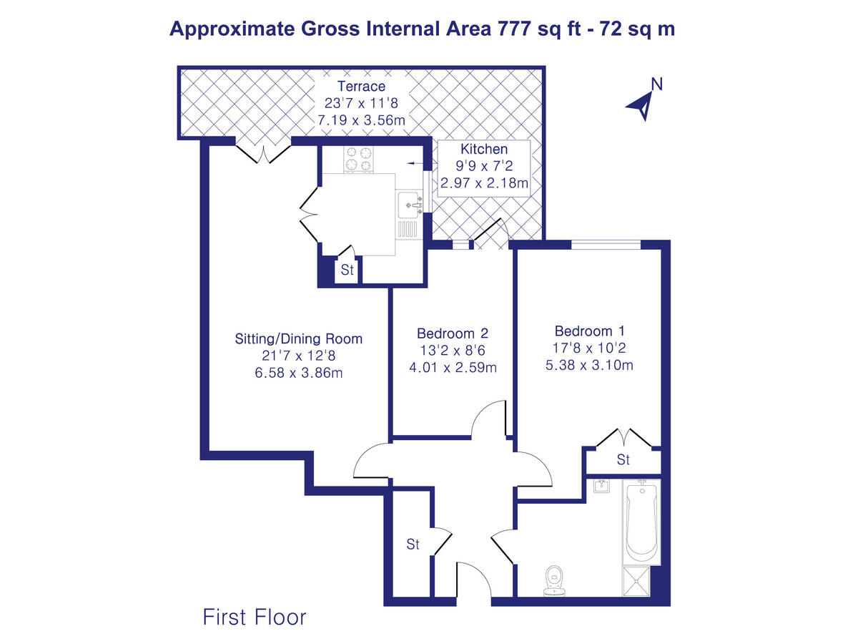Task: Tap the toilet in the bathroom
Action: click(x=553, y=580)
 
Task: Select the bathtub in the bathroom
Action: click(x=641, y=522)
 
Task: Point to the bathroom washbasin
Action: click(x=601, y=487)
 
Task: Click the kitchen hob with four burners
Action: click(x=359, y=160)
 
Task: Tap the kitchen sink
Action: click(x=410, y=204)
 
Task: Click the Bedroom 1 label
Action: click(x=590, y=331)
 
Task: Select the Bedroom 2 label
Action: click(x=452, y=333)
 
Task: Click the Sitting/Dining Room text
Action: click(x=299, y=338)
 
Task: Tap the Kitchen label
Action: click(x=484, y=150)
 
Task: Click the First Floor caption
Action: click(x=255, y=617)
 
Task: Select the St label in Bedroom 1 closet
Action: click(x=623, y=459)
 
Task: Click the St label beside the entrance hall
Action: click(x=413, y=545)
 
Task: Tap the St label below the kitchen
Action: click(x=347, y=270)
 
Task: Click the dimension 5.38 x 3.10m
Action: click(x=590, y=366)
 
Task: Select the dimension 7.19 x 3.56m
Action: click(x=361, y=120)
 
